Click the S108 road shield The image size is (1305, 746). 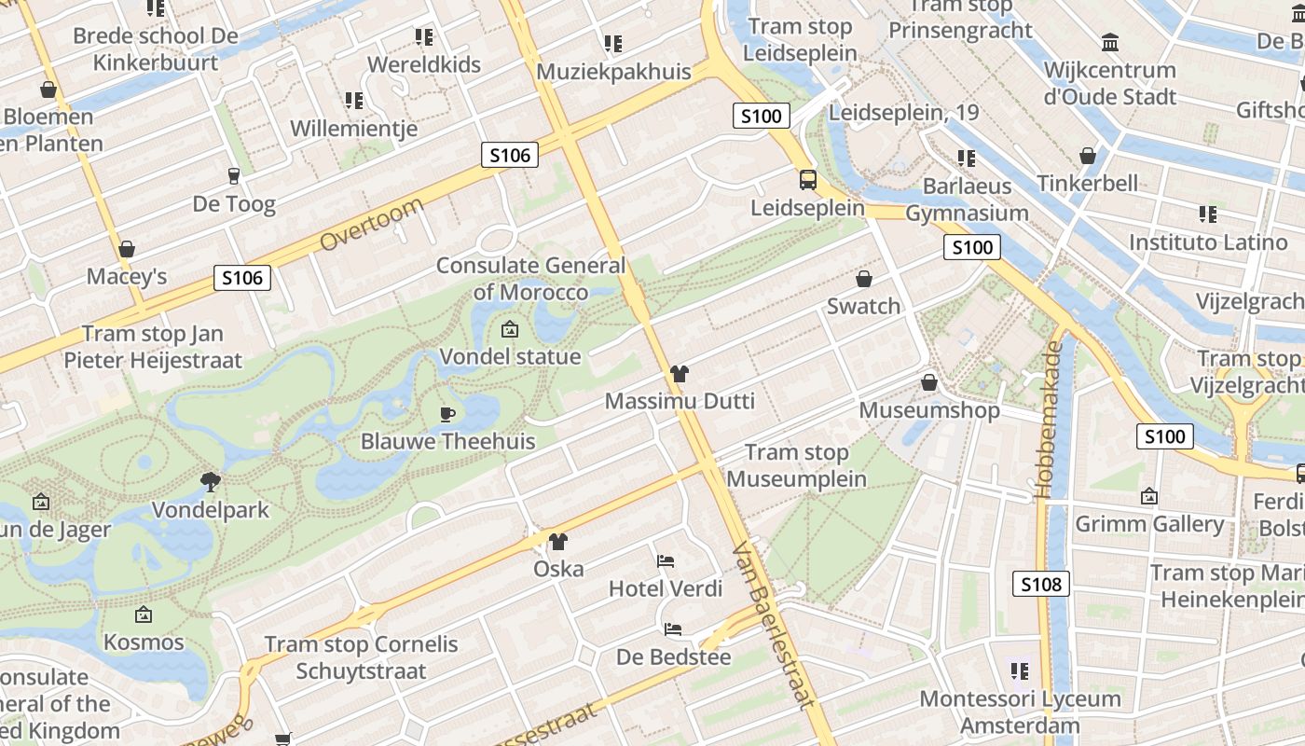click(x=1040, y=585)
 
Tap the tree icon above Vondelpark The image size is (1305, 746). click(x=211, y=482)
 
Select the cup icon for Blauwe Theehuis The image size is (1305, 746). click(x=447, y=414)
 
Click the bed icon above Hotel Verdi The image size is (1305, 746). click(x=666, y=560)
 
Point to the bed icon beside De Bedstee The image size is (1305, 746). click(x=673, y=629)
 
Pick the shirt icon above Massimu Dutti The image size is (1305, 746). click(x=679, y=374)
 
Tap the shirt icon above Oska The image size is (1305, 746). click(x=557, y=541)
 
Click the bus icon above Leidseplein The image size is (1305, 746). click(x=807, y=180)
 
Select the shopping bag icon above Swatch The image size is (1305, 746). click(x=864, y=279)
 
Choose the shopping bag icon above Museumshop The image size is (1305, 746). click(x=928, y=382)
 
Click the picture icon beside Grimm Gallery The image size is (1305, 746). click(x=1148, y=497)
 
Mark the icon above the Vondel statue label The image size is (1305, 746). click(x=509, y=329)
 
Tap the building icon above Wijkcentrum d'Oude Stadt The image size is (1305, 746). click(x=1109, y=42)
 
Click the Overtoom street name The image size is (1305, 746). click(x=371, y=224)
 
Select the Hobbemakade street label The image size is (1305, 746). click(x=1051, y=420)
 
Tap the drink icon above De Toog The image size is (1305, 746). click(x=233, y=175)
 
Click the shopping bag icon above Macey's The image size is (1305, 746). click(x=127, y=249)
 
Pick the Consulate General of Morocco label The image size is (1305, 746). click(x=530, y=279)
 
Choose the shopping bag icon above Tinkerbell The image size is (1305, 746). click(x=1087, y=155)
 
